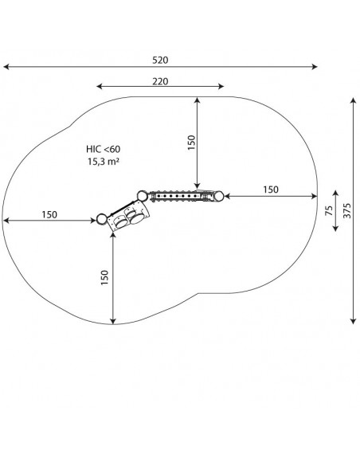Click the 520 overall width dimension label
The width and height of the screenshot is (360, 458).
(x=160, y=61)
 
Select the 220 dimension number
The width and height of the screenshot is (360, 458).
(x=160, y=81)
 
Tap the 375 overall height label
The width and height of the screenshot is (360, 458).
(x=347, y=210)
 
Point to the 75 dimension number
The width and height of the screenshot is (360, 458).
(x=329, y=210)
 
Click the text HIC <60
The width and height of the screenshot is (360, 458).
(x=103, y=149)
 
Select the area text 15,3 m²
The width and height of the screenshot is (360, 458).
(x=104, y=161)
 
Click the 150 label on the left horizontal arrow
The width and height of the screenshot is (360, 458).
(x=49, y=215)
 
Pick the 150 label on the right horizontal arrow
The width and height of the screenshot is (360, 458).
(x=271, y=190)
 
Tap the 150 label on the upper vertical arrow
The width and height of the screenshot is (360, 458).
(x=191, y=143)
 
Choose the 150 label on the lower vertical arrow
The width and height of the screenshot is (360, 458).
(x=104, y=278)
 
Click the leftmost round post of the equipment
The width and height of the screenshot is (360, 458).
(x=101, y=219)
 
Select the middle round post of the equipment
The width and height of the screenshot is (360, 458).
(x=143, y=196)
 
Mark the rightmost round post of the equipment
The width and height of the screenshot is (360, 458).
(x=218, y=196)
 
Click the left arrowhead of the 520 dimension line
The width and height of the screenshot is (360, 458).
(x=6, y=67)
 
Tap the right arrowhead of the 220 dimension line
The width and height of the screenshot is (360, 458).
(x=221, y=86)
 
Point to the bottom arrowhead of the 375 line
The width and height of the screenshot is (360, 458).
(x=354, y=321)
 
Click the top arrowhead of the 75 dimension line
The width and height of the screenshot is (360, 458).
(x=335, y=194)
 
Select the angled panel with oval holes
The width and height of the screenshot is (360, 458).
(x=128, y=217)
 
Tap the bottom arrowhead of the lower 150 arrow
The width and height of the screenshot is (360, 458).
(x=113, y=321)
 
